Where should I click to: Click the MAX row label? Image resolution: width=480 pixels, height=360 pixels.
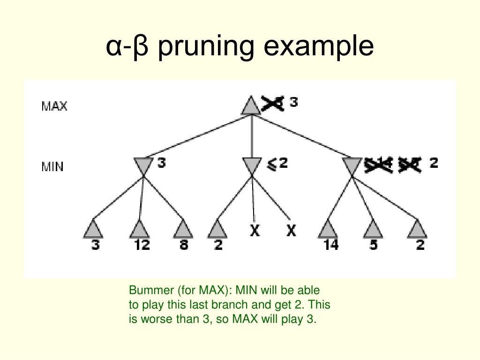click(54, 106)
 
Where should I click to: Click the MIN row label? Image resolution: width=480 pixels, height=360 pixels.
click(52, 166)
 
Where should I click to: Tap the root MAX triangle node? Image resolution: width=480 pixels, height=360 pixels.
click(251, 105)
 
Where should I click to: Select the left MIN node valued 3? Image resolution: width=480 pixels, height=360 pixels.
click(143, 165)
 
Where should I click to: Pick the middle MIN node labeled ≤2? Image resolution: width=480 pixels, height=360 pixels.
click(252, 165)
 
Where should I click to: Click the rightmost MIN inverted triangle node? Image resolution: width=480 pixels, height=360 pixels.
click(352, 165)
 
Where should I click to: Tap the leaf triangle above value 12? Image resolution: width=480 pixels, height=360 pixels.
click(139, 229)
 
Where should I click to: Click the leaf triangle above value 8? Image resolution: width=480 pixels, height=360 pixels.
click(183, 229)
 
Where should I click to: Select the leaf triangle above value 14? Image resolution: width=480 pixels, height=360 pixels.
click(328, 229)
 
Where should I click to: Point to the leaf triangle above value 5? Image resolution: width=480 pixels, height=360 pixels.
click(373, 229)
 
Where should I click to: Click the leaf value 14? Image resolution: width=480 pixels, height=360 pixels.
click(331, 245)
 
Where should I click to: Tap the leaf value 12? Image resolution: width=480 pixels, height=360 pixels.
click(141, 245)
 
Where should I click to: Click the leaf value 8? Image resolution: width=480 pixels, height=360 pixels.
click(184, 245)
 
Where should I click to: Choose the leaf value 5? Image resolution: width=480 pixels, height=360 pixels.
click(373, 245)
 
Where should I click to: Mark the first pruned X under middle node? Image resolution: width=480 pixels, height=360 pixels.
click(255, 231)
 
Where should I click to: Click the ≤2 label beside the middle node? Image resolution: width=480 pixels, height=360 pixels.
click(277, 164)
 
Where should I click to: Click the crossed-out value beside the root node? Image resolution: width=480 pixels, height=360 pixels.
click(272, 103)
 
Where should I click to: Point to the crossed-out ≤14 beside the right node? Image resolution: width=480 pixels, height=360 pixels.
click(378, 164)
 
